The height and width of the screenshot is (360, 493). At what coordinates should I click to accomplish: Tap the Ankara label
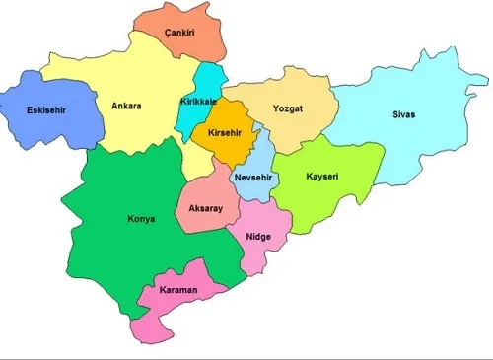[x=126, y=106]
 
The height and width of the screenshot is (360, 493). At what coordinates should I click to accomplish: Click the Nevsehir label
[x=257, y=178]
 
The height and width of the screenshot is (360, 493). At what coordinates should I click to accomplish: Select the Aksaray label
[x=206, y=209]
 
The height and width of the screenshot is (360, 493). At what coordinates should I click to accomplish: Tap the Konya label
[x=141, y=219]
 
